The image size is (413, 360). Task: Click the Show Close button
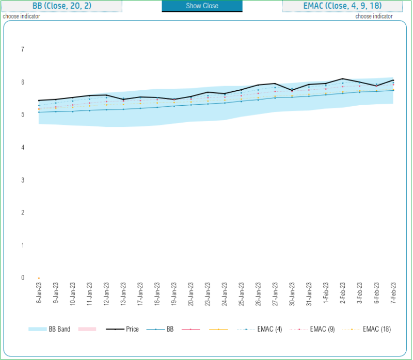pyautogui.click(x=202, y=6)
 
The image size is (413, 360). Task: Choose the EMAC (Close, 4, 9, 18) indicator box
pyautogui.click(x=342, y=6)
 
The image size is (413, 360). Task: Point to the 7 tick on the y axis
pyautogui.click(x=22, y=50)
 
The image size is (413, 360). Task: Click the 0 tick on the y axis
pyautogui.click(x=22, y=277)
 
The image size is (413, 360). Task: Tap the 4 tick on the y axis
pyautogui.click(x=22, y=148)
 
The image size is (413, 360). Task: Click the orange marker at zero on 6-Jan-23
pyautogui.click(x=39, y=278)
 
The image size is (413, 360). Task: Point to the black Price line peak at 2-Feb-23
pyautogui.click(x=343, y=79)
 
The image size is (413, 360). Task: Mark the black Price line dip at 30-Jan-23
pyautogui.click(x=292, y=90)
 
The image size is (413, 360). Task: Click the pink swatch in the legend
pyautogui.click(x=86, y=329)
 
